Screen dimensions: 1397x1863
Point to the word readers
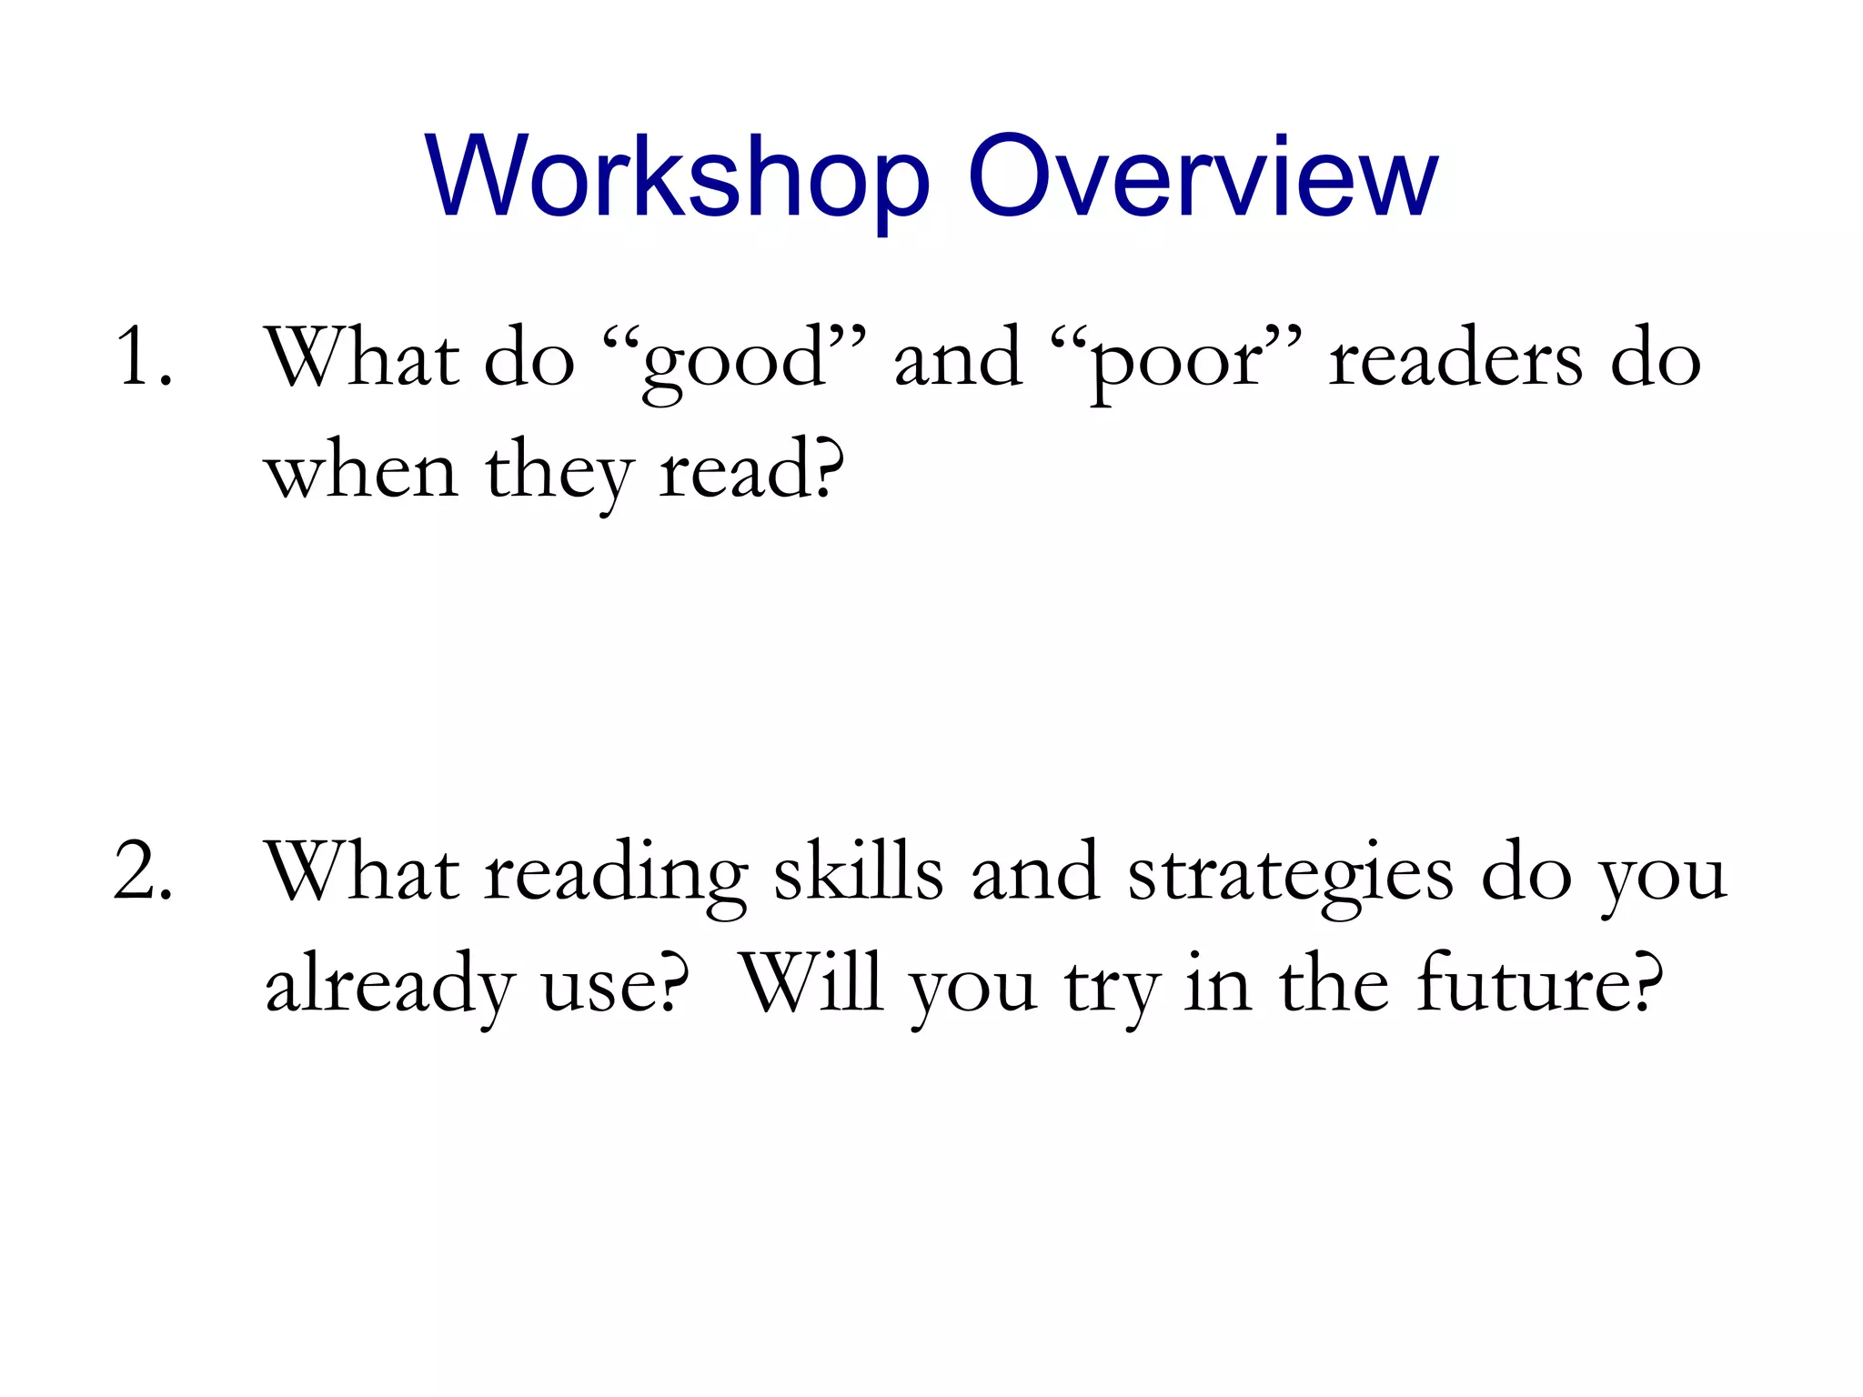pyautogui.click(x=1455, y=359)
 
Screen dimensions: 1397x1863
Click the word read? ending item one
pyautogui.click(x=751, y=471)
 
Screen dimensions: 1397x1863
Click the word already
pyautogui.click(x=388, y=986)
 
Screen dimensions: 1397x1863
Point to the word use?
pyautogui.click(x=615, y=986)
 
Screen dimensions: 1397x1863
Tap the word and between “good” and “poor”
pyautogui.click(x=958, y=359)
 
